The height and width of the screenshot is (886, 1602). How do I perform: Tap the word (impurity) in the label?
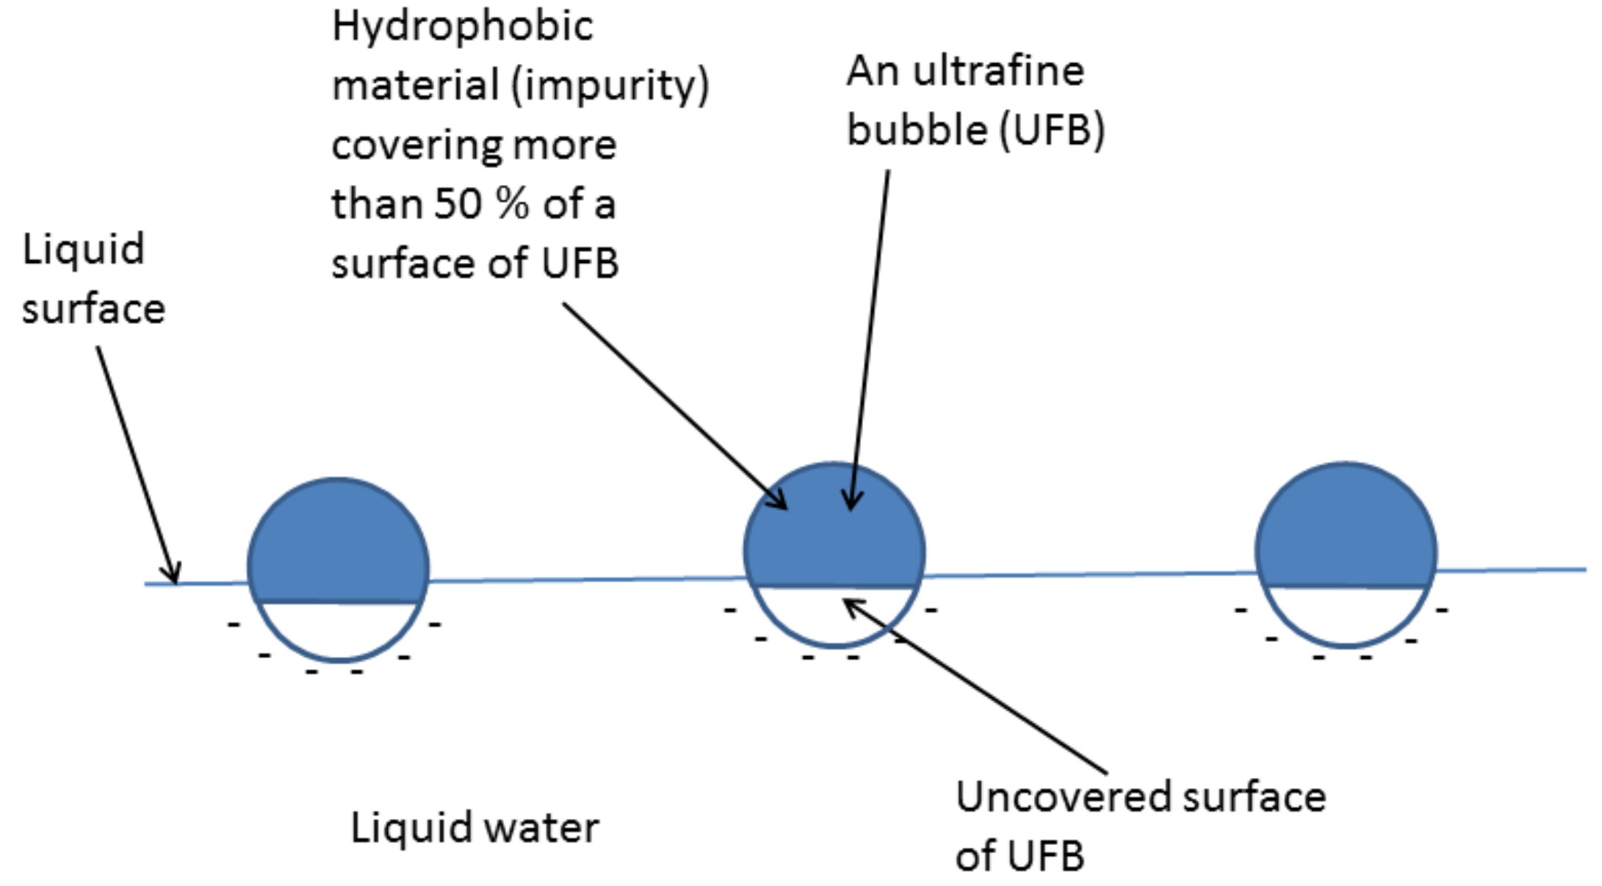(609, 86)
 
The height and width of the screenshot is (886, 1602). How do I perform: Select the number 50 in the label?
(458, 204)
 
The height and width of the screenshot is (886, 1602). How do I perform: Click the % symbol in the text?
(512, 204)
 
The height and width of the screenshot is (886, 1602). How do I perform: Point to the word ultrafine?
(998, 72)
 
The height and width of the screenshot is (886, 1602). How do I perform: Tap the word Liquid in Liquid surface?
(83, 250)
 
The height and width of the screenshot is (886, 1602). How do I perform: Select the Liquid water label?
(475, 828)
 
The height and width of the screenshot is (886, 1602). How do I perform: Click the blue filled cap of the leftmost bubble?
(338, 544)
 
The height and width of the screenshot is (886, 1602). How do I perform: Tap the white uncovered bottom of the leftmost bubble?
(338, 630)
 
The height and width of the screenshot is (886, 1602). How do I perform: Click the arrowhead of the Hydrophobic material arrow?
(780, 502)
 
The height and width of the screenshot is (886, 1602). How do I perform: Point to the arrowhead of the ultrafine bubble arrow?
(851, 503)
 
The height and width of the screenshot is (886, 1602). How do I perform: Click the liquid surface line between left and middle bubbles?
(588, 580)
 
